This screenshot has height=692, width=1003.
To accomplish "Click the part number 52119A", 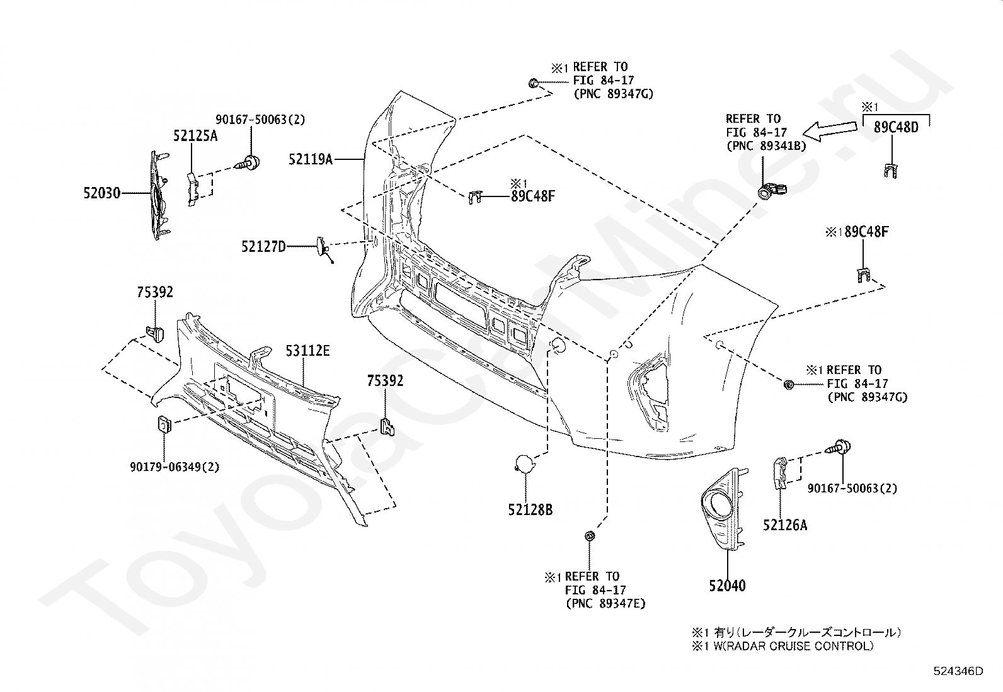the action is pos(311,159).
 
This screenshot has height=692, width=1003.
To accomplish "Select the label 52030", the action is pos(101,193).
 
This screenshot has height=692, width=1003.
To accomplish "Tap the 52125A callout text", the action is pos(195,135).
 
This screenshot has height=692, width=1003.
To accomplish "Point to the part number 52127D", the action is pos(263,246).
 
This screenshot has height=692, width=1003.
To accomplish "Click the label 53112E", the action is pos(307,351).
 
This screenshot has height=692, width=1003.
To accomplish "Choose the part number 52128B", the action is pos(530,509).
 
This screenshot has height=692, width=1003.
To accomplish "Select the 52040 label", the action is pos(727,586).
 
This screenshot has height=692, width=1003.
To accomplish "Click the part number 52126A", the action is pos(785,525).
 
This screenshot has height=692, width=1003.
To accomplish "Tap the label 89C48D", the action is pos(896,128).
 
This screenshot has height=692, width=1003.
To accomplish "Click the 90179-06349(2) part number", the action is pos(175,467).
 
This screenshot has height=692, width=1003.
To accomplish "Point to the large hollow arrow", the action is pos(829,131).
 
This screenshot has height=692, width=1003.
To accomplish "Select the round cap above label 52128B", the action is pos(525,463).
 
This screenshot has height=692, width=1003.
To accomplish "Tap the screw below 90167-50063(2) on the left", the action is pos(248,163).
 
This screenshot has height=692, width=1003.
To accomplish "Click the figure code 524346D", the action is pos(958,671).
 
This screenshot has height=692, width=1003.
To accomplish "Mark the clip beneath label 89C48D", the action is pos(891,171).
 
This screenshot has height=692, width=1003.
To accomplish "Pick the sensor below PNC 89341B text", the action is pos(771,190).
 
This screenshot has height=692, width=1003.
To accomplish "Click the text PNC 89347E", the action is pos(606,604).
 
